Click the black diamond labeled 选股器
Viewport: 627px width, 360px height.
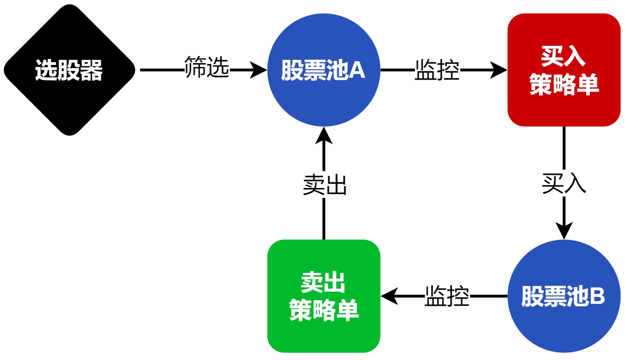click(x=69, y=70)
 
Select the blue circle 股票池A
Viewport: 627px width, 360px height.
click(x=324, y=70)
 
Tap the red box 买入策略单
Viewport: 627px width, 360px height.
click(x=564, y=70)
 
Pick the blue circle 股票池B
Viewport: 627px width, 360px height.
click(x=564, y=296)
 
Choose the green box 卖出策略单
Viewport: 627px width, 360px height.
click(x=324, y=296)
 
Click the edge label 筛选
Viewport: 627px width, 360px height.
click(x=207, y=67)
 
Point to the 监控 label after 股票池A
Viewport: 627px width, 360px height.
click(x=437, y=70)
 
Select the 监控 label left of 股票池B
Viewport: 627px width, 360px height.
click(x=447, y=296)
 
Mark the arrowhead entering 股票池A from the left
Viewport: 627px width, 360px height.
click(x=260, y=70)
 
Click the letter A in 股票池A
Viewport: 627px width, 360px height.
click(x=357, y=71)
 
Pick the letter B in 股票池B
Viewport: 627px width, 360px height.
click(x=596, y=297)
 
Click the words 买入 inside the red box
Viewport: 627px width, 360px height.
click(x=563, y=57)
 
